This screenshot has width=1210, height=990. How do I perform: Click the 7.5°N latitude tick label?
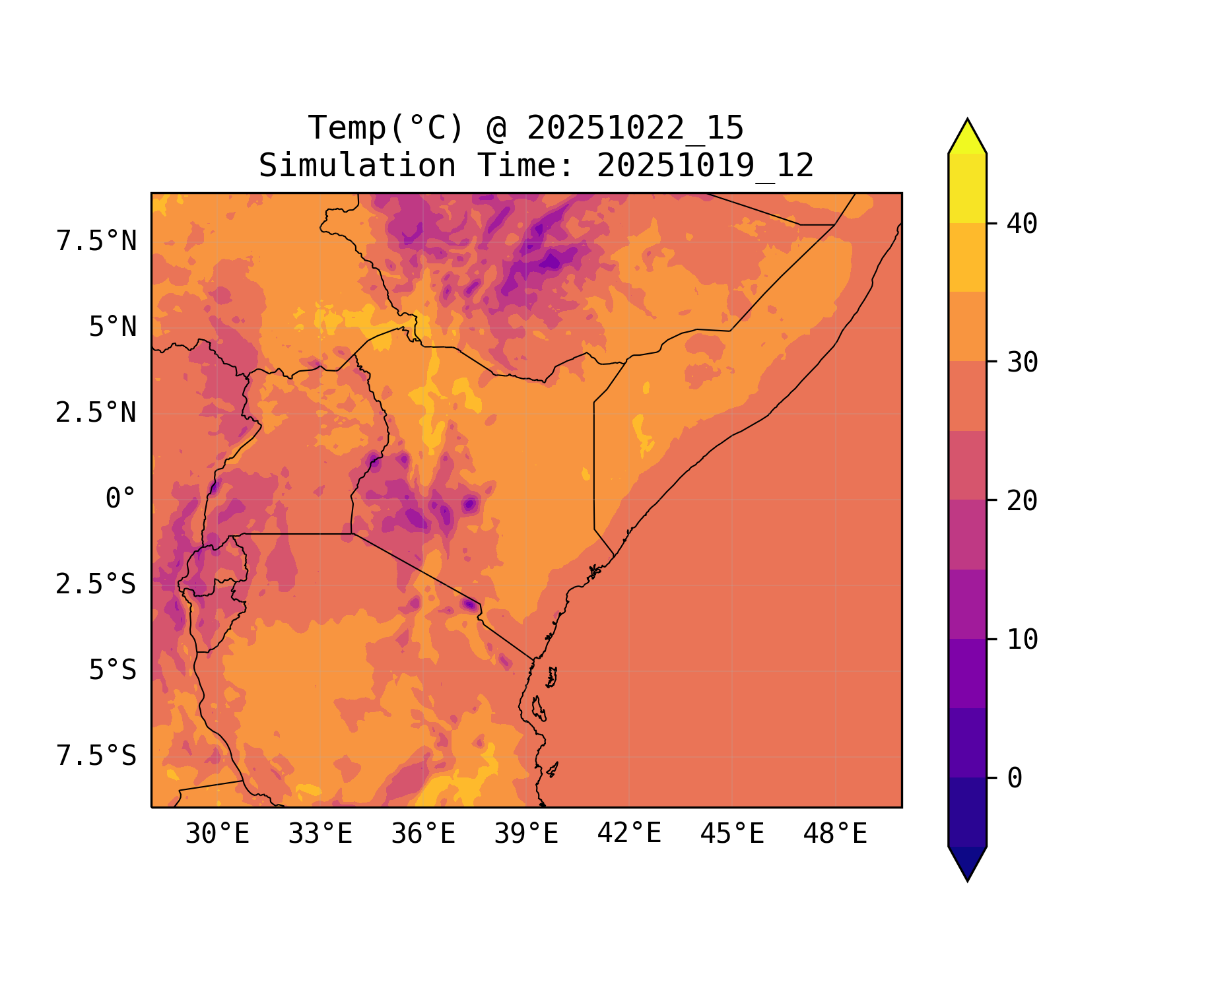click(96, 242)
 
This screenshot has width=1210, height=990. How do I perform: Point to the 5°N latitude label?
click(113, 327)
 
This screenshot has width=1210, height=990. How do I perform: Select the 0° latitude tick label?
click(121, 499)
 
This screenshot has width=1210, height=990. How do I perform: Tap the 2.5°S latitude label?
click(96, 585)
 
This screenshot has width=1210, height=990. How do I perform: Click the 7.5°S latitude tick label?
click(96, 756)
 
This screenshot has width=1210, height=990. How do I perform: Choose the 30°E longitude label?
click(217, 834)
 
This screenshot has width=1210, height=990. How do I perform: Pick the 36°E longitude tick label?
click(423, 834)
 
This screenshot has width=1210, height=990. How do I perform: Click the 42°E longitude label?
click(629, 834)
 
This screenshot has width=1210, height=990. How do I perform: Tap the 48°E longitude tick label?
click(835, 834)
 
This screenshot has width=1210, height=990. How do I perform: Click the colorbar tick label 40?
click(1023, 224)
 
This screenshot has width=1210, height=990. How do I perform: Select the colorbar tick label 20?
click(1023, 501)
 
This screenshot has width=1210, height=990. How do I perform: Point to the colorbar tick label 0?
click(1015, 778)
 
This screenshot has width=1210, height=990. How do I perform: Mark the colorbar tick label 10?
click(1023, 640)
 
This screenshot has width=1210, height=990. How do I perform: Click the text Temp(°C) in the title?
click(386, 128)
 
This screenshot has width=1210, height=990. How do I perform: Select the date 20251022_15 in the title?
click(635, 128)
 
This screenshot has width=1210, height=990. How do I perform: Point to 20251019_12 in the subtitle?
click(705, 166)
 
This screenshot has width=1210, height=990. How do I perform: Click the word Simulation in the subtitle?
click(357, 166)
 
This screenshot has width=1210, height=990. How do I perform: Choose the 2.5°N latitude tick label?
click(96, 413)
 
